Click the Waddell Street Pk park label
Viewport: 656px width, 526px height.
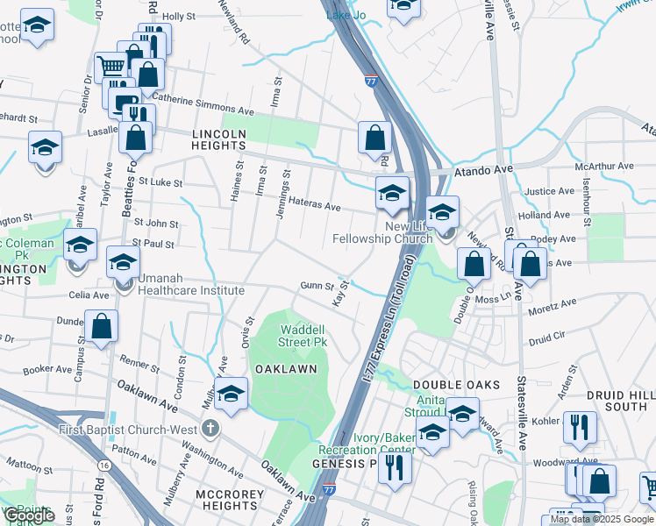(x=303, y=336)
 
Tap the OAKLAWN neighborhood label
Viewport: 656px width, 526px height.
(x=285, y=369)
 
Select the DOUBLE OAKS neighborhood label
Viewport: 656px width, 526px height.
(x=456, y=385)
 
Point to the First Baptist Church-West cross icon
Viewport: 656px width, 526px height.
(x=209, y=429)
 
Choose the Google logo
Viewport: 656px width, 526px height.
(x=29, y=515)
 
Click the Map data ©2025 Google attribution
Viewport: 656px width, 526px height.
(x=601, y=519)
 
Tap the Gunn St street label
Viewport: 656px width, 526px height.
(x=317, y=286)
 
